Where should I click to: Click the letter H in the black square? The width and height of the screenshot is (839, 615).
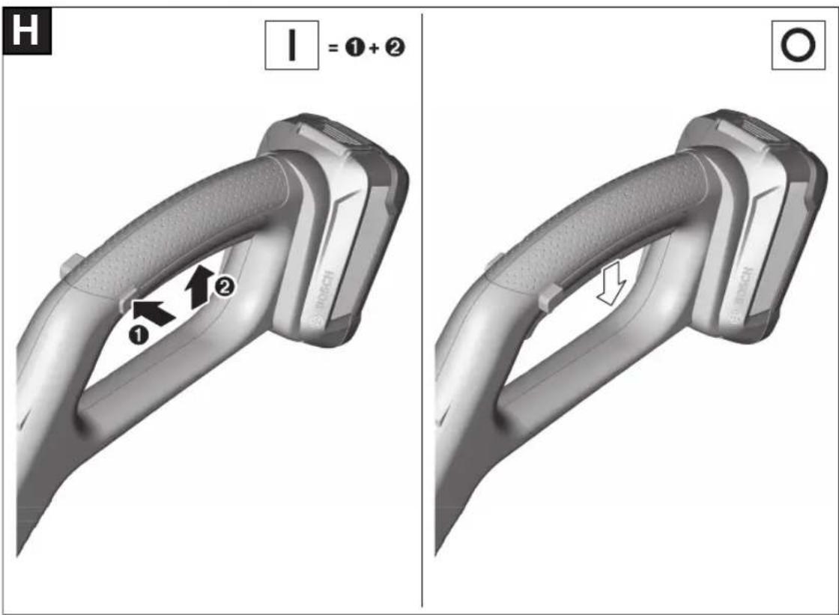(25, 30)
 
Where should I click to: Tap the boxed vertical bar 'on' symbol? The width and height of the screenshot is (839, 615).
(291, 45)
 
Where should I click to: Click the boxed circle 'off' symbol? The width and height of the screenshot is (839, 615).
(798, 45)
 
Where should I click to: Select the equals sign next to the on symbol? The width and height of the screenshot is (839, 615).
(333, 48)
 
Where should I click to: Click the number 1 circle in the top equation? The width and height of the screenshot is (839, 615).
(355, 48)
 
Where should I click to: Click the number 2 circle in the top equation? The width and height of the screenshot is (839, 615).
(395, 47)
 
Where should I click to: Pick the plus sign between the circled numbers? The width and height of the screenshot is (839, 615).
(374, 48)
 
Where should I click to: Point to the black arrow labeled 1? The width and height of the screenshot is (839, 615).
(153, 312)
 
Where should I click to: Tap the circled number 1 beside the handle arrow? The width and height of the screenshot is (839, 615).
(139, 336)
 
